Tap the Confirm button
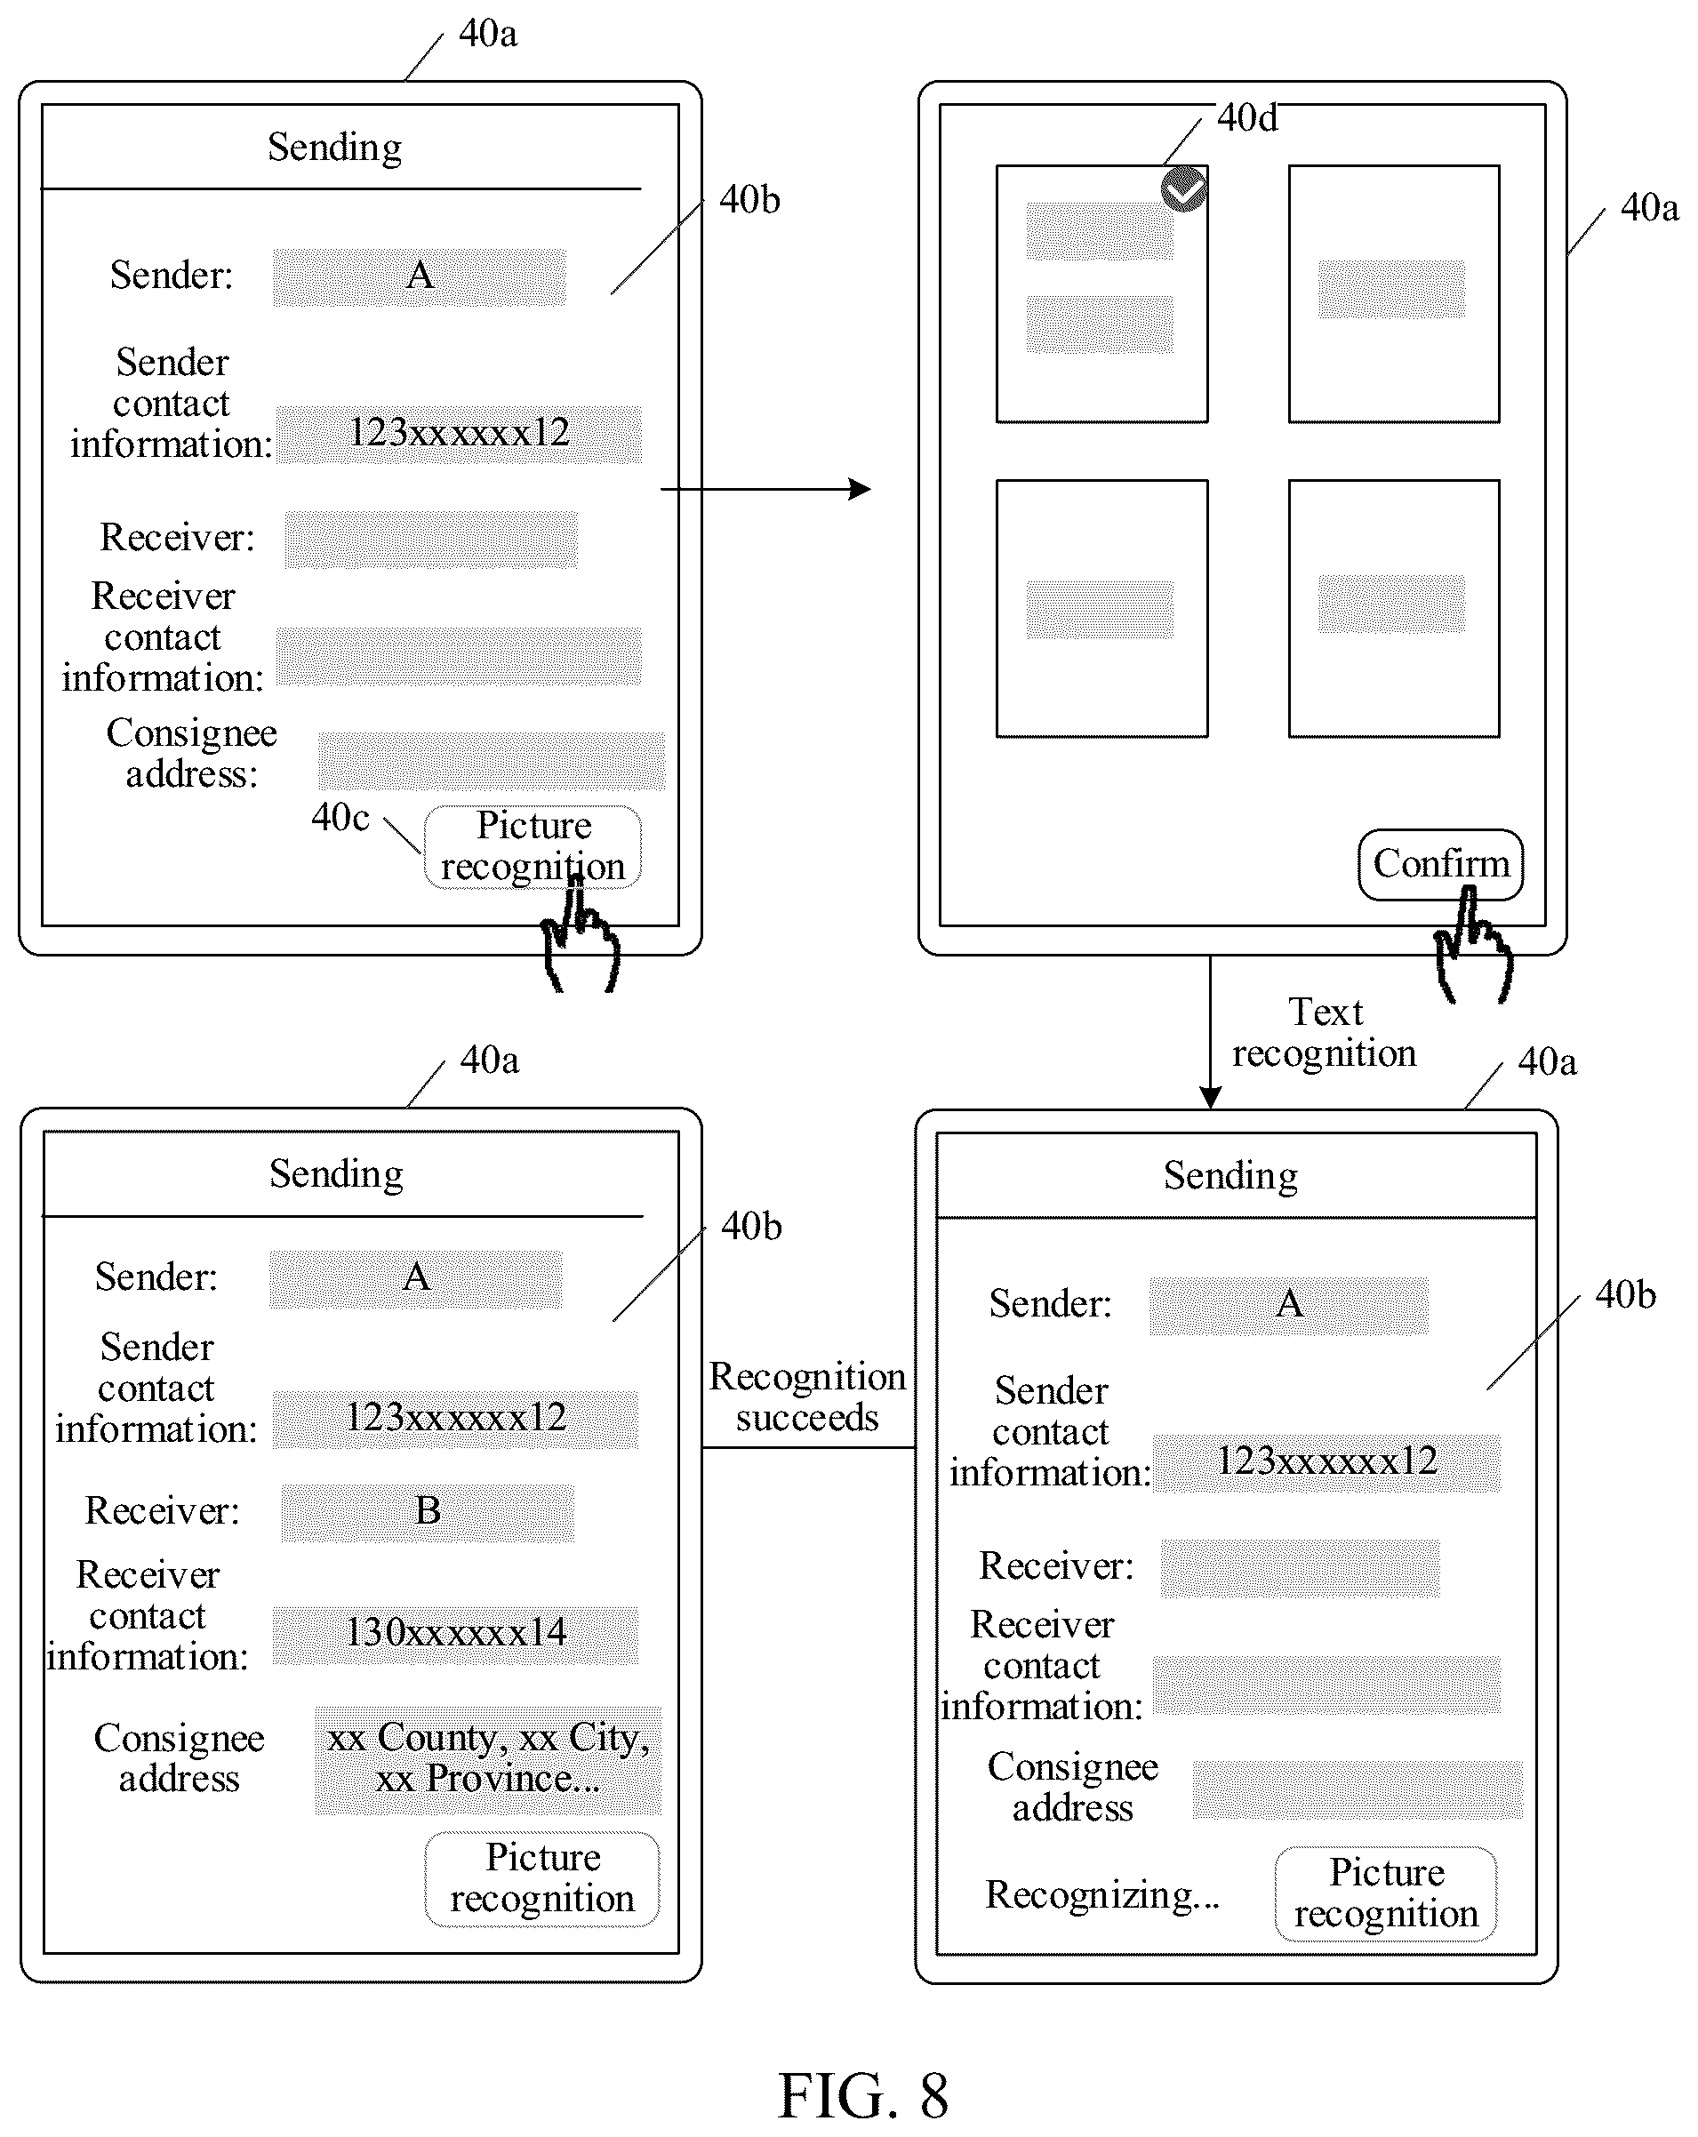click(x=1440, y=864)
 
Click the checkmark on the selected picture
click(x=1183, y=189)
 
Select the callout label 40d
click(x=1247, y=118)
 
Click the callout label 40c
click(x=340, y=818)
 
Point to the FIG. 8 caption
click(x=863, y=2096)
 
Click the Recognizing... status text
click(x=1102, y=1894)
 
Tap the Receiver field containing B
click(x=428, y=1513)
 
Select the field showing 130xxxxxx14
click(x=455, y=1634)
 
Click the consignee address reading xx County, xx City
click(x=488, y=1759)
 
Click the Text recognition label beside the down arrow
click(x=1325, y=1033)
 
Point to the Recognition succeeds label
click(x=807, y=1397)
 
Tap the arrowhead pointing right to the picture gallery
click(x=861, y=489)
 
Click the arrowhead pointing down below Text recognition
click(x=1210, y=1096)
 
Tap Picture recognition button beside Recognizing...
click(x=1386, y=1893)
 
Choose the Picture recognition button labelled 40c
click(x=533, y=846)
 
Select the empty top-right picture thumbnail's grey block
click(x=1390, y=290)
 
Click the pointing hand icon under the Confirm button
click(x=1474, y=946)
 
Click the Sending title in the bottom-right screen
click(x=1230, y=1175)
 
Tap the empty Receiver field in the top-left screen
click(x=431, y=540)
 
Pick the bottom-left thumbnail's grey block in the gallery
click(x=1100, y=610)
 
